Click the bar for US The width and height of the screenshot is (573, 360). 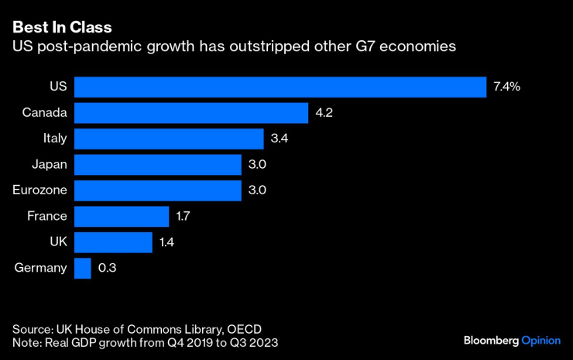pos(280,87)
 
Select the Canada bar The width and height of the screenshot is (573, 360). pos(191,113)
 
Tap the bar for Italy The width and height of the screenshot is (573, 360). pos(169,139)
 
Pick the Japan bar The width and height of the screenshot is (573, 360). pos(158,164)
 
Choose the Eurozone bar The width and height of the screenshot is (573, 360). pos(158,190)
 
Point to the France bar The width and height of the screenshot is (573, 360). pos(122,216)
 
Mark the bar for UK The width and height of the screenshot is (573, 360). pos(113,242)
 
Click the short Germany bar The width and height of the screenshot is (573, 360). pos(83,268)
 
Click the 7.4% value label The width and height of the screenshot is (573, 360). pos(506,87)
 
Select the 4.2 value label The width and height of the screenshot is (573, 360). pos(324,113)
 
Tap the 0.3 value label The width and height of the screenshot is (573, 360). pos(107,268)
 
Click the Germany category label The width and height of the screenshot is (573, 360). pos(40,268)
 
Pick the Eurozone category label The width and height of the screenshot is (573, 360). pos(40,190)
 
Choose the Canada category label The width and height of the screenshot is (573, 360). pos(45,113)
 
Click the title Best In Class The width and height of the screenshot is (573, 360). pos(62,28)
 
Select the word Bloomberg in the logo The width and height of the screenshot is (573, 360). pos(490,340)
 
